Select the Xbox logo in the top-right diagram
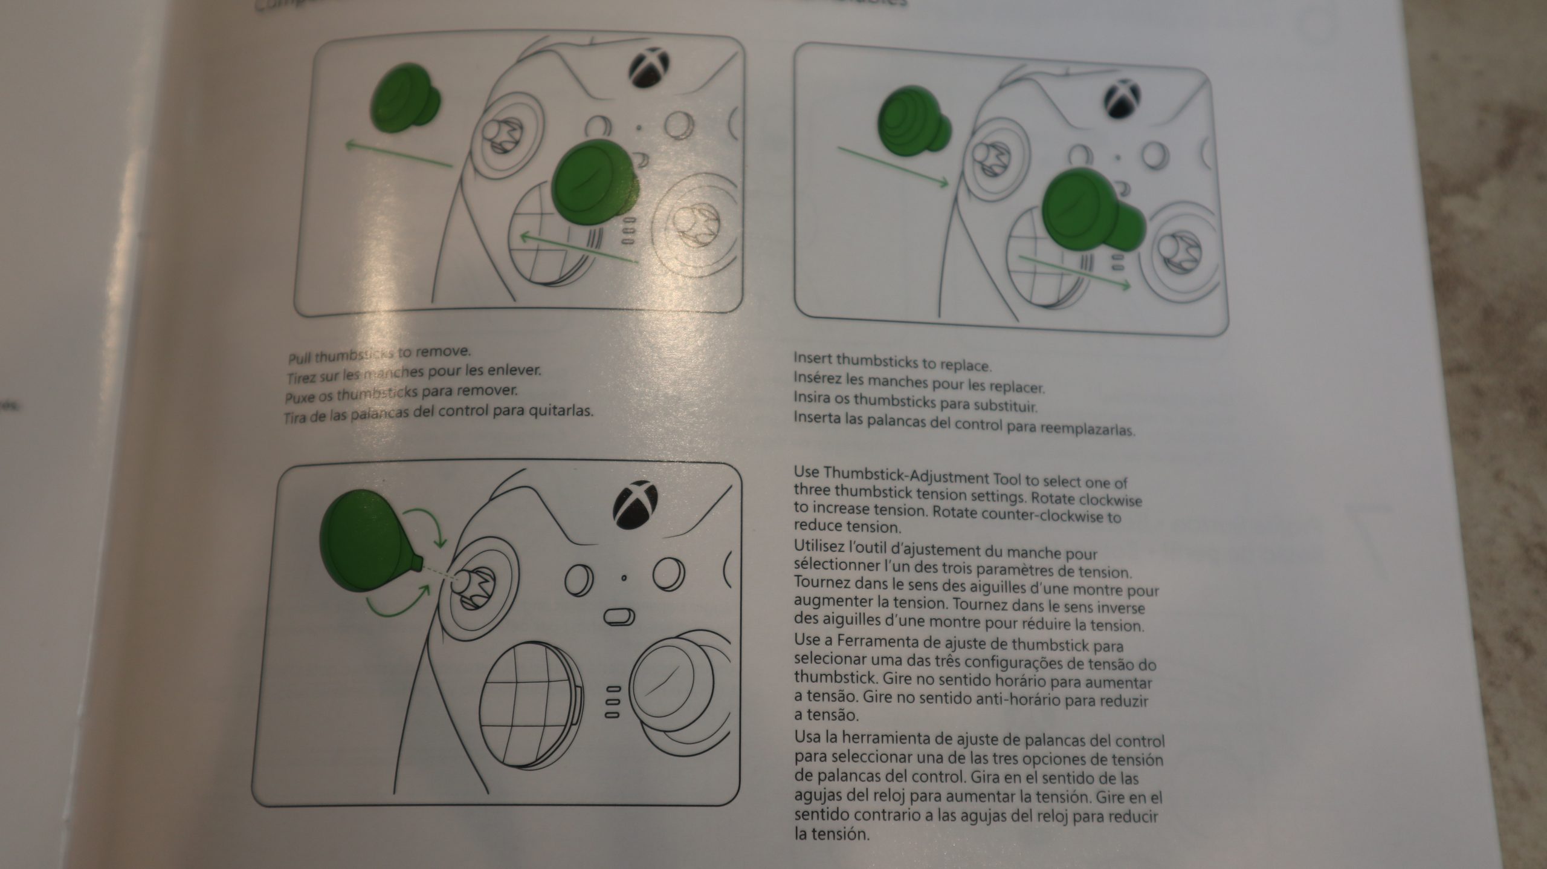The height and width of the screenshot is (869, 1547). tap(1122, 99)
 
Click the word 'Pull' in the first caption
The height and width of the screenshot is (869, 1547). tap(300, 359)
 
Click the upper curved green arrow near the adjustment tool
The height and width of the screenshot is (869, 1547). tap(427, 524)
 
